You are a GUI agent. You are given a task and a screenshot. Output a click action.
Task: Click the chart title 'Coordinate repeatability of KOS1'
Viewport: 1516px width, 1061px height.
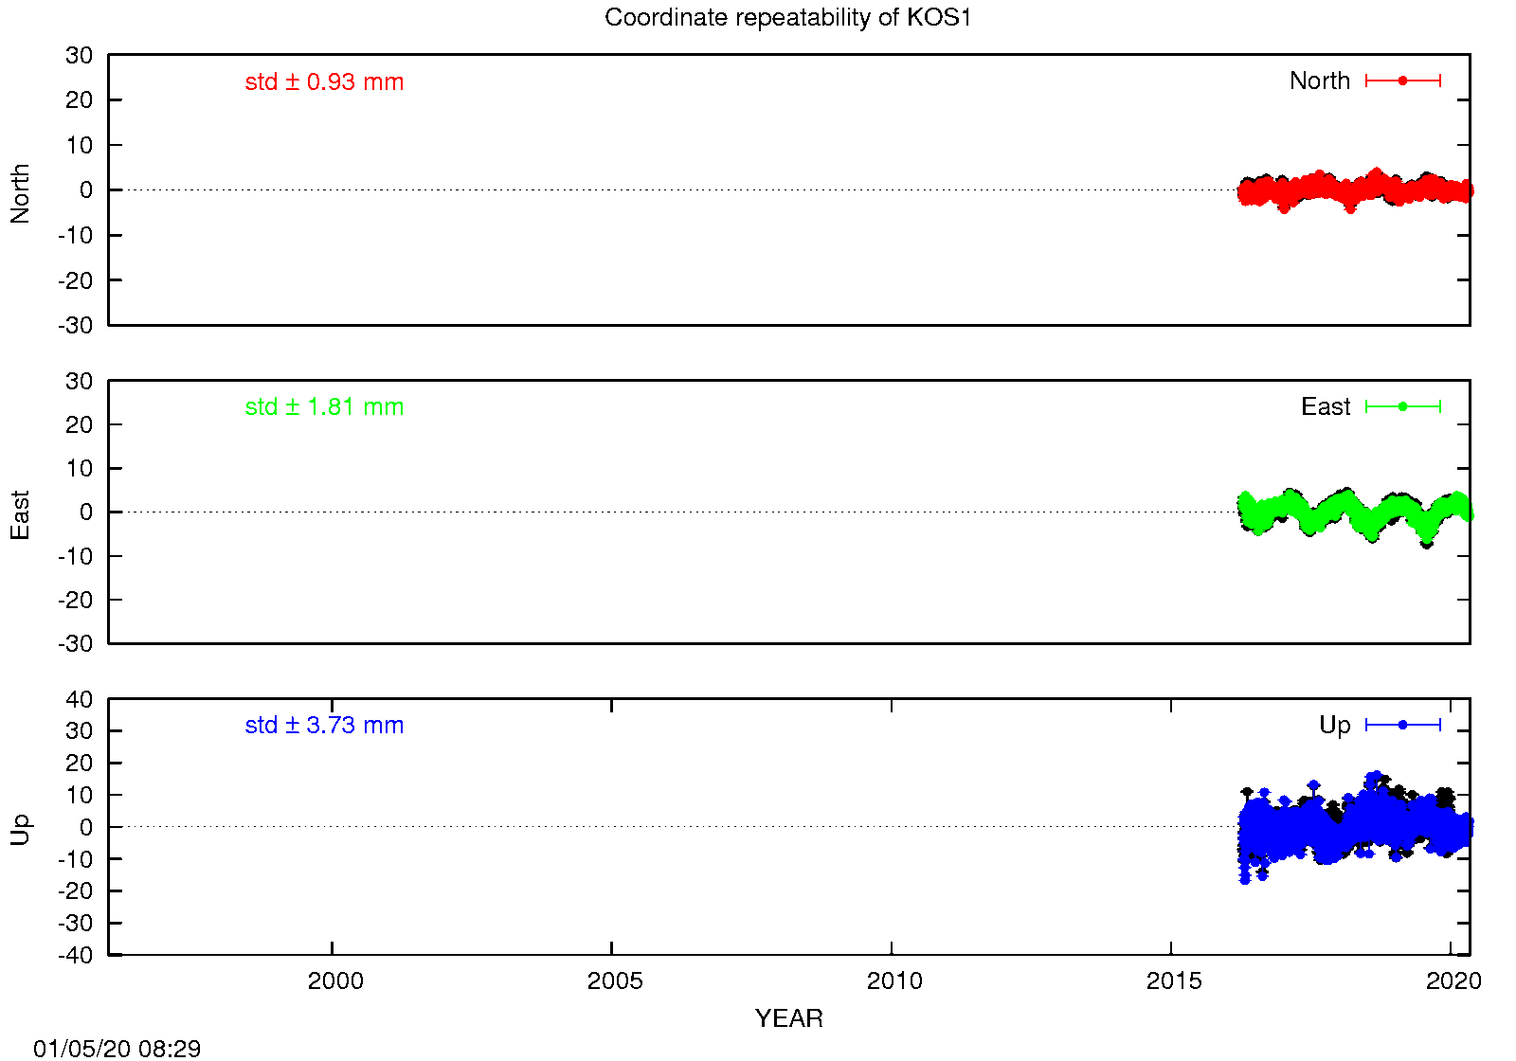coord(787,18)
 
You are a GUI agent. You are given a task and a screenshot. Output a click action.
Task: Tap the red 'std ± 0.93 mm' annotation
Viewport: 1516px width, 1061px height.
coord(324,81)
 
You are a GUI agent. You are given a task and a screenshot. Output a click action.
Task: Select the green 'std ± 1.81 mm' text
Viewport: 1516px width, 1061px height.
coord(324,406)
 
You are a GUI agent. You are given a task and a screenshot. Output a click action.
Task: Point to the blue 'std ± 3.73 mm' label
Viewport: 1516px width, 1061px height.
coord(324,725)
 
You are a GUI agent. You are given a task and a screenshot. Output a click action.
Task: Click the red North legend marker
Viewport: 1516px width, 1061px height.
coord(1403,81)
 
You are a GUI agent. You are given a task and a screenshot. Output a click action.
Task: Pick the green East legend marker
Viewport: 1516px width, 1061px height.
coord(1403,406)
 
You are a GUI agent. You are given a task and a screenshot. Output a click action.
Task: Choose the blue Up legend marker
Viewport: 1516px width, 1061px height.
coord(1403,725)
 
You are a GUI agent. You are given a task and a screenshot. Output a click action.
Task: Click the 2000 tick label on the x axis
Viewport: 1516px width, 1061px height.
coord(335,980)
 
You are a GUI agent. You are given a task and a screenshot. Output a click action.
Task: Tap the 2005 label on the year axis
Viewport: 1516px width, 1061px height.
coord(615,980)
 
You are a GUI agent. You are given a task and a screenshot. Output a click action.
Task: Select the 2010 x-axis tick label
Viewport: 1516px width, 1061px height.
coord(894,980)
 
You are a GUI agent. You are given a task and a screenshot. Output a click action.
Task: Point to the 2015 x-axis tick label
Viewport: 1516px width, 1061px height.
coord(1174,980)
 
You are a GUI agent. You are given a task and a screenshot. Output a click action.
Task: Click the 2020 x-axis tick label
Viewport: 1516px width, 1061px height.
coord(1453,980)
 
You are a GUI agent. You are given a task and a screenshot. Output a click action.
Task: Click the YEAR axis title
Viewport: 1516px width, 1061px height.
coord(789,1018)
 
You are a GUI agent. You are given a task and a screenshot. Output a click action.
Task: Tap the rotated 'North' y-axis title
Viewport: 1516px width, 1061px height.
coord(20,193)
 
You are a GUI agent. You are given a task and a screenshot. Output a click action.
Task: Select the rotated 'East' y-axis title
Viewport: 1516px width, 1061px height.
coord(20,515)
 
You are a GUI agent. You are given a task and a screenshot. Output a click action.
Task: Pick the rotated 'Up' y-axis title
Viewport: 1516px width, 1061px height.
coord(20,830)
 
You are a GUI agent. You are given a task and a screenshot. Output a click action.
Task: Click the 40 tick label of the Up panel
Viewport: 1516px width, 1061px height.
coord(79,699)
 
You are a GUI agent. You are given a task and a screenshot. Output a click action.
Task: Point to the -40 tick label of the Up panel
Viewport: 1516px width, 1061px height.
coord(75,955)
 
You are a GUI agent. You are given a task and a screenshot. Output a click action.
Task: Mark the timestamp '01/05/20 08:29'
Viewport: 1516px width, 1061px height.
coord(117,1048)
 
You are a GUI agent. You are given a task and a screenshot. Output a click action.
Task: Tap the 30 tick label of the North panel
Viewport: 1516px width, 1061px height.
coord(79,55)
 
